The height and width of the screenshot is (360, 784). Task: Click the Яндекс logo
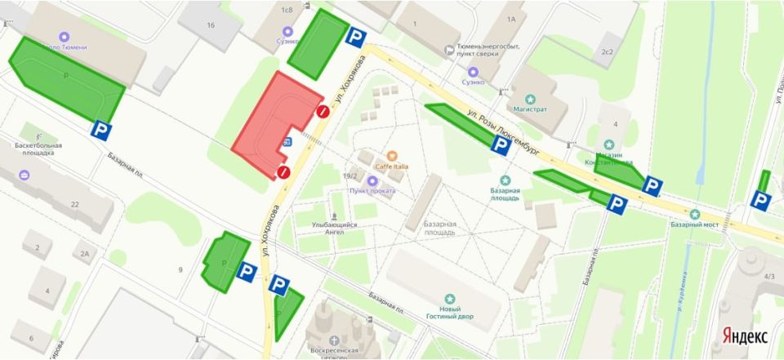[744, 336]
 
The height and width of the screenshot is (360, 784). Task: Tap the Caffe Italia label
[392, 167]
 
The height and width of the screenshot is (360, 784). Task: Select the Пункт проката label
[372, 191]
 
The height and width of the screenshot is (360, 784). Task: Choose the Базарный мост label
[693, 223]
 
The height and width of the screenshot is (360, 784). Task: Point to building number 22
[74, 204]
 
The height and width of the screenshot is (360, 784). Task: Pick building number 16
[211, 25]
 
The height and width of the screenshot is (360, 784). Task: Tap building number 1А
[511, 18]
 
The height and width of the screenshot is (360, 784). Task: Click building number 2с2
[607, 51]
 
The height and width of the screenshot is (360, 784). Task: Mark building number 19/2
[351, 176]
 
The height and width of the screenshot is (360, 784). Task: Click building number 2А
[84, 253]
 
